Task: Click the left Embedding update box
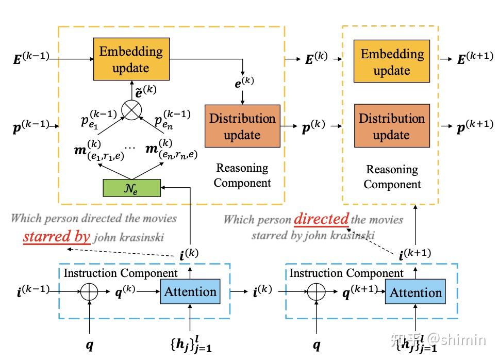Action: [131, 59]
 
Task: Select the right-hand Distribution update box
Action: [391, 126]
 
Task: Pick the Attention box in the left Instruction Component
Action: [190, 292]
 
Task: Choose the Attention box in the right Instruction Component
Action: [415, 293]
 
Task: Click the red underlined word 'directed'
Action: [321, 219]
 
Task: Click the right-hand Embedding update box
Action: [391, 62]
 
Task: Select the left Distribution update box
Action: [242, 126]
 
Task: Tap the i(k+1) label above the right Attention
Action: [414, 253]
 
